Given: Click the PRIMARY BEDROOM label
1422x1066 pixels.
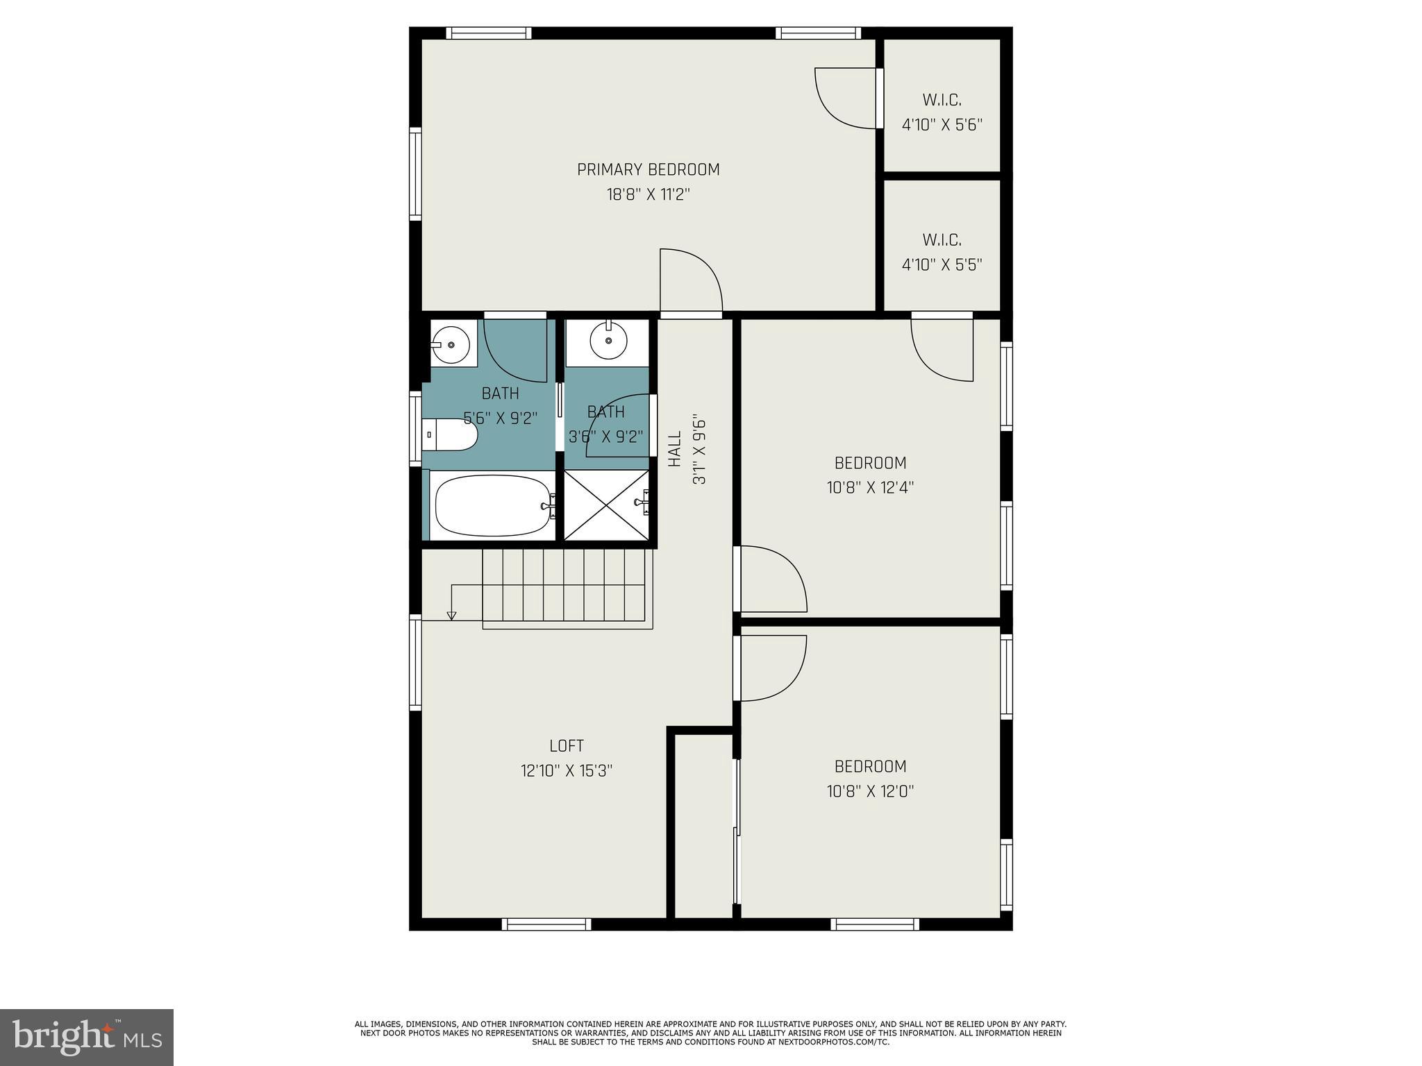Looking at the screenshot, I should [x=648, y=169].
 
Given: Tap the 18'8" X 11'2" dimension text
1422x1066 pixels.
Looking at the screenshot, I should [x=648, y=194].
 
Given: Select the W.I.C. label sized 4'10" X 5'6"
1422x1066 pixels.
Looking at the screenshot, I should [x=942, y=100].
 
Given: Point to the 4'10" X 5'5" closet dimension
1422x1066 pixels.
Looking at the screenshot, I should [x=942, y=265].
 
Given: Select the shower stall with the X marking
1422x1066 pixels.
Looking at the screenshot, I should [x=606, y=505].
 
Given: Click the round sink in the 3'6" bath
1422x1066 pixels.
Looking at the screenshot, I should [x=608, y=341].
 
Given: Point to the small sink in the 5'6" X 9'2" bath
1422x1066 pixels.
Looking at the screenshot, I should [x=451, y=344].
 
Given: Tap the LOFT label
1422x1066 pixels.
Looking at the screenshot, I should [x=567, y=746].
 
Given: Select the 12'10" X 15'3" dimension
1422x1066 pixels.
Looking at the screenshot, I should [x=567, y=771].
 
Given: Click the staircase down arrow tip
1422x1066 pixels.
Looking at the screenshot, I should [x=451, y=616].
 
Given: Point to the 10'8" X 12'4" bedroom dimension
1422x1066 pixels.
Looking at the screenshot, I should [x=870, y=488].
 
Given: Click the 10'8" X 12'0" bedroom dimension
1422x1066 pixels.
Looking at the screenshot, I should [x=870, y=791].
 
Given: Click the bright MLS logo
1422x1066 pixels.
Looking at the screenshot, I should [x=87, y=1037].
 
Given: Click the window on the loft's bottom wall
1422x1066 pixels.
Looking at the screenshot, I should [x=546, y=924].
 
